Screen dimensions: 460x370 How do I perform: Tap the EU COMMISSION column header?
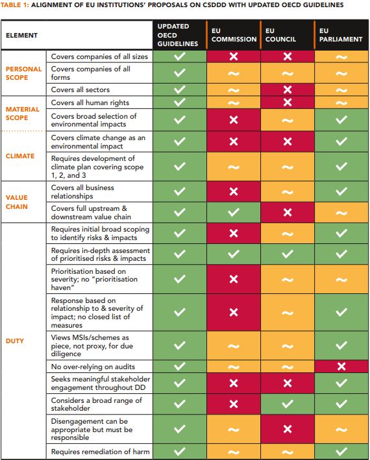233,35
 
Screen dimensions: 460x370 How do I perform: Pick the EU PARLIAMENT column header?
341,35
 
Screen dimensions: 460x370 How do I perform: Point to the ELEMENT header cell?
22,35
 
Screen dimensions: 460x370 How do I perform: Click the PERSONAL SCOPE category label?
23,73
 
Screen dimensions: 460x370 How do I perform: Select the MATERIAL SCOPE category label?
23,114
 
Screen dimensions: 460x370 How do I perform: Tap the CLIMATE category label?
21,156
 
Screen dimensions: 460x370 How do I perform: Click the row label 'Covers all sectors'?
80,90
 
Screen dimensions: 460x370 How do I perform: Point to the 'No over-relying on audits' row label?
93,366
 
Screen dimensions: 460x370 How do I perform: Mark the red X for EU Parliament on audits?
341,366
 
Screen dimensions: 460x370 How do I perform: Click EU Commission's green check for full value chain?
233,211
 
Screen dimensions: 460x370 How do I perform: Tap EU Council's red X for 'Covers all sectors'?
287,90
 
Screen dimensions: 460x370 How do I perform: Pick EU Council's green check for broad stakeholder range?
287,405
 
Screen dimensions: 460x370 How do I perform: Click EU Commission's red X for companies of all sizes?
233,56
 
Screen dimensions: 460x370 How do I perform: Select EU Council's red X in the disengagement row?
287,430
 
